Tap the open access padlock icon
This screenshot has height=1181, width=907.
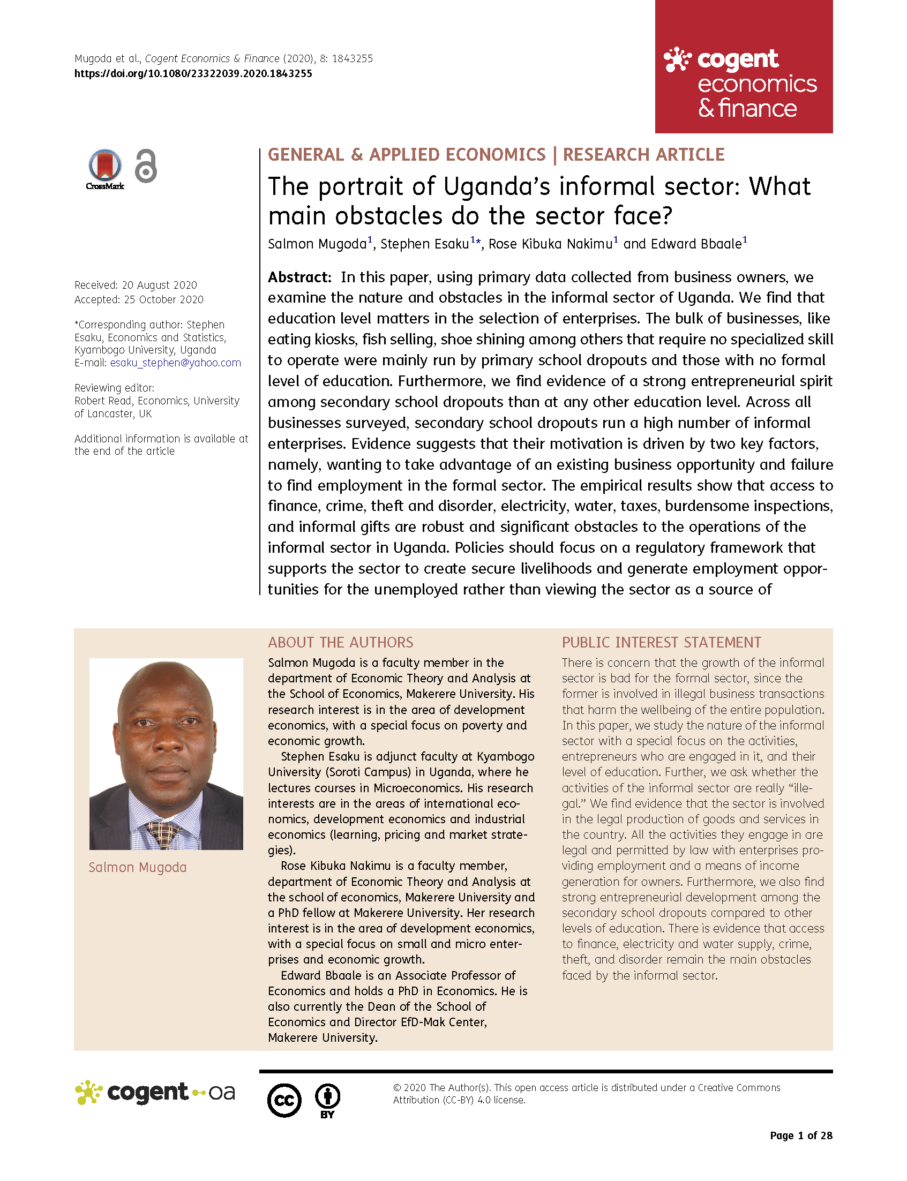146,166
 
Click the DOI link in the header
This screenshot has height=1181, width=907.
193,73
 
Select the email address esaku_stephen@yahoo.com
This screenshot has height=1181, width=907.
176,363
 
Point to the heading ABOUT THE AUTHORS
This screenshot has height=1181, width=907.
341,642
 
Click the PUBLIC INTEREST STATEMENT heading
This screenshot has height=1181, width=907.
661,642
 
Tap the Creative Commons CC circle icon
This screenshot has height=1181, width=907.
284,1100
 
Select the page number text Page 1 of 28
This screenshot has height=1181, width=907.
800,1135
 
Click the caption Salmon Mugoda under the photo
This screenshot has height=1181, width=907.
138,867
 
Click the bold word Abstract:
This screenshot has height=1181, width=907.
299,277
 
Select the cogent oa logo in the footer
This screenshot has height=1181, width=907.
155,1093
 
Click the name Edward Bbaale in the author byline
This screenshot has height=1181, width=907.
696,244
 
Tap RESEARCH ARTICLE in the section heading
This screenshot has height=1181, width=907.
643,155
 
